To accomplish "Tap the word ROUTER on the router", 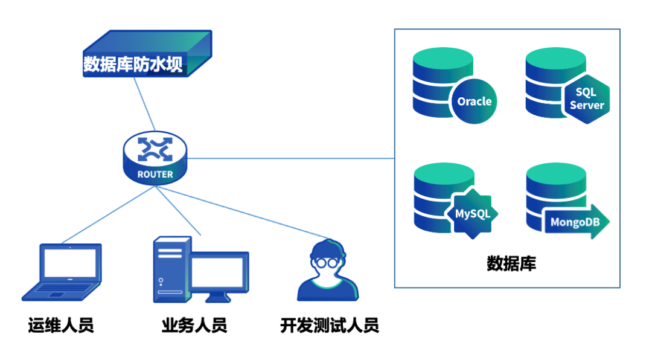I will [155, 175].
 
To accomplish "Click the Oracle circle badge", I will [474, 101].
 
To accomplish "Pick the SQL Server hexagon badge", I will [586, 98].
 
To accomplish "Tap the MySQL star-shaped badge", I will [472, 213].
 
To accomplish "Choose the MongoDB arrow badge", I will [577, 222].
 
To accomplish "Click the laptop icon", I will [62, 271].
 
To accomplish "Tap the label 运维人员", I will [61, 326].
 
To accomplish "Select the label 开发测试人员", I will [330, 326].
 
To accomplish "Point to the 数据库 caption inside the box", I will [511, 263].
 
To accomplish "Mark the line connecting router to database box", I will [290, 159].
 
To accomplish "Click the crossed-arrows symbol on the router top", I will [155, 149].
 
